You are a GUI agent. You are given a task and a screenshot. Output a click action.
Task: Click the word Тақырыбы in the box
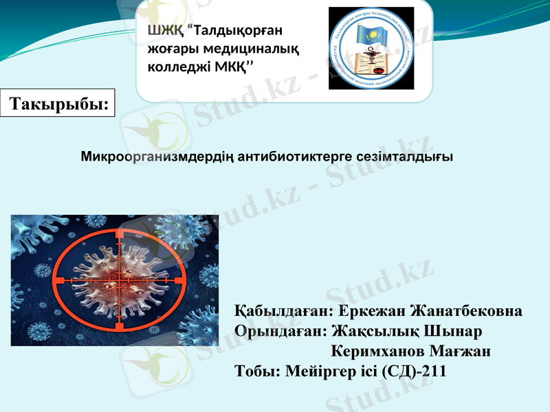(60, 104)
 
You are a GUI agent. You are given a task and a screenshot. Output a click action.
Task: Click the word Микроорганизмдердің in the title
(159, 157)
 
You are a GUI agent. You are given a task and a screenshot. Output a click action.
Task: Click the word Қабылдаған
(283, 310)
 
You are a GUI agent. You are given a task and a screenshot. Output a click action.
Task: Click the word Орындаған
(280, 331)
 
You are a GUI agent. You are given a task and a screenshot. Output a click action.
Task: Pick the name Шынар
(454, 331)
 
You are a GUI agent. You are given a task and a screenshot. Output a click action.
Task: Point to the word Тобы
(254, 372)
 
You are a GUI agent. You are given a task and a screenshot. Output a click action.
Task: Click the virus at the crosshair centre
(118, 278)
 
